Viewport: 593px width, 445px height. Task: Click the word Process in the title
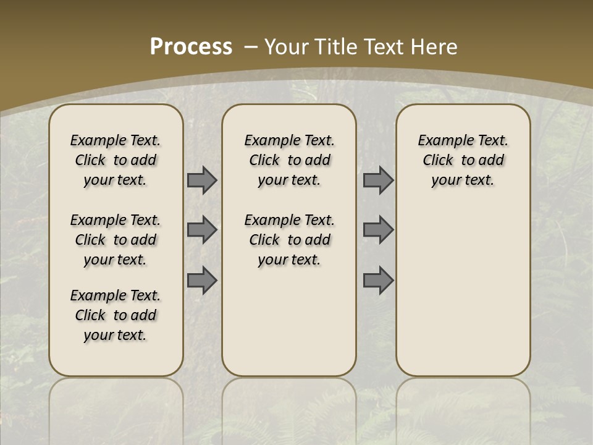(x=191, y=47)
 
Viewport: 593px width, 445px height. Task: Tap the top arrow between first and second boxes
(x=202, y=180)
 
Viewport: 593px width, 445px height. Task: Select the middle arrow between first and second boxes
(x=202, y=230)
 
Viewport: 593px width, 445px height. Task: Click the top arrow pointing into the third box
(x=378, y=180)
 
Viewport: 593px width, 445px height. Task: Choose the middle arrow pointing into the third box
(x=378, y=230)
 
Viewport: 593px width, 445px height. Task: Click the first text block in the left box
(x=116, y=160)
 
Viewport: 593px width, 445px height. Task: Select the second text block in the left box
(x=116, y=240)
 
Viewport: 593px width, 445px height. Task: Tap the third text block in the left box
(x=116, y=315)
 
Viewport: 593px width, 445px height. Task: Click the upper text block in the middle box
(x=289, y=160)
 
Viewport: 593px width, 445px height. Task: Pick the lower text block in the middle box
(x=289, y=240)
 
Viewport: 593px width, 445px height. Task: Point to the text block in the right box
(x=463, y=160)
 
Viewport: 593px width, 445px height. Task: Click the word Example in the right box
(x=440, y=140)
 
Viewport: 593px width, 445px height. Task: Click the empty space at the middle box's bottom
(x=289, y=328)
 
